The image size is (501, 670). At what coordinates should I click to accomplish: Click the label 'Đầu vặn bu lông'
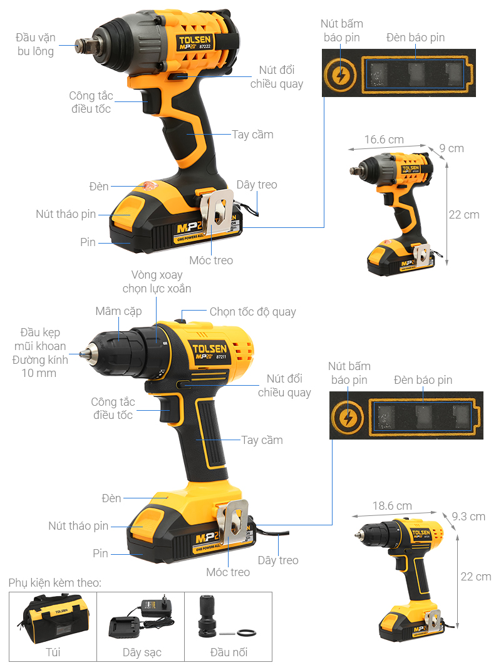click(36, 44)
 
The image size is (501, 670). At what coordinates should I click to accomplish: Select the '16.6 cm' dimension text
click(384, 139)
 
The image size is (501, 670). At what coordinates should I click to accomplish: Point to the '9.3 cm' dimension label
click(468, 516)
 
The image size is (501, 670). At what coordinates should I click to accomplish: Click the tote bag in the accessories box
click(53, 619)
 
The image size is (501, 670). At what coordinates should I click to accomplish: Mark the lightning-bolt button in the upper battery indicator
click(340, 76)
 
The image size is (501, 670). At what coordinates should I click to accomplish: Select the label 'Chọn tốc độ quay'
click(252, 312)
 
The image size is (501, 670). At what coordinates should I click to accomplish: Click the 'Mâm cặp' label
click(118, 311)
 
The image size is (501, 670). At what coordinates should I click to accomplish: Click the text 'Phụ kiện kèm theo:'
click(54, 583)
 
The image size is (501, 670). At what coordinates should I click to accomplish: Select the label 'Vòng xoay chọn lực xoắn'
click(157, 282)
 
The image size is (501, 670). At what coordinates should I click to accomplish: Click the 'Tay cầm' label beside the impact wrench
click(252, 135)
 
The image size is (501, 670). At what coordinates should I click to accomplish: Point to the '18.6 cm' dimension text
click(392, 506)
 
